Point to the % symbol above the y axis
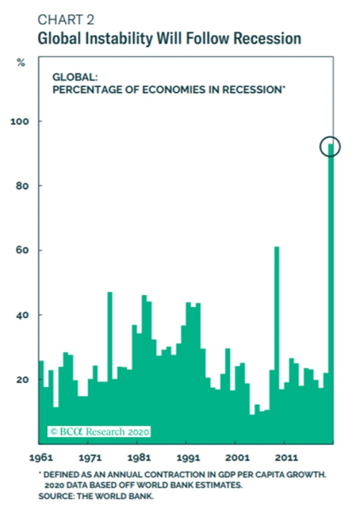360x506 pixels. click(x=21, y=62)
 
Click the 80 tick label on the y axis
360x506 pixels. click(x=20, y=186)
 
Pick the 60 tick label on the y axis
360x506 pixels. click(x=20, y=251)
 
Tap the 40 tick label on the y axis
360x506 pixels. click(x=20, y=315)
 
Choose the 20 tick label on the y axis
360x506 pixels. click(x=20, y=380)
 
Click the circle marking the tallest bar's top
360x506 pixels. click(x=330, y=147)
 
